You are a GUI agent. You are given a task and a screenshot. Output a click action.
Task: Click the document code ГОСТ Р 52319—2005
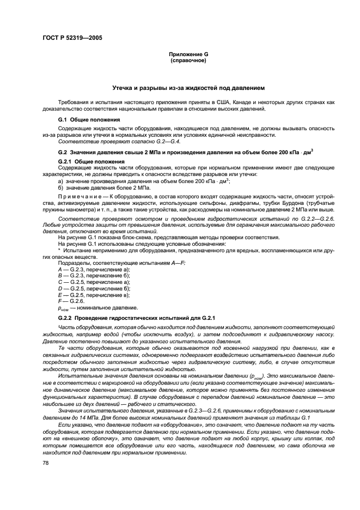click(72, 38)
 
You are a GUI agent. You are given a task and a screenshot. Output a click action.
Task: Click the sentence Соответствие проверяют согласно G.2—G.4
click(103, 142)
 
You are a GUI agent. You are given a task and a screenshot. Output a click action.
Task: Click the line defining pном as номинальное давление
click(97, 308)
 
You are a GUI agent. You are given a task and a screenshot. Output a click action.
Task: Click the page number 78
click(46, 462)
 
